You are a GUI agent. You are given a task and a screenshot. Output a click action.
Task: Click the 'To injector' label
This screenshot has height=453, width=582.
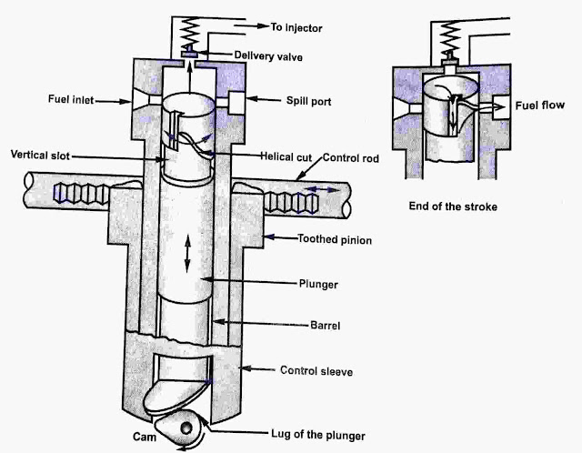(x=296, y=28)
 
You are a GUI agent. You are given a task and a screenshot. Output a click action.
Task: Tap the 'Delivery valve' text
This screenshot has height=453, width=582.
(x=268, y=56)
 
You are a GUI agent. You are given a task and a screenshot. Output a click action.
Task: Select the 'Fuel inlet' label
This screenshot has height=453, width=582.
(x=71, y=99)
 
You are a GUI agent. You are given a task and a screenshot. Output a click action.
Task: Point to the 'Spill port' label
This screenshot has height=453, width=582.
(x=309, y=101)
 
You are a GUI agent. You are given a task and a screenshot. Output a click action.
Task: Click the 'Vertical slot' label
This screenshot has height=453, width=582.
(x=40, y=155)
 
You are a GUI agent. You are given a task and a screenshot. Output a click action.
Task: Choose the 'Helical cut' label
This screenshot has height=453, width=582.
(x=286, y=156)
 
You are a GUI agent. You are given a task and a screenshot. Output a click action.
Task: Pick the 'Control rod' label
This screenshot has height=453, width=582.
(x=351, y=158)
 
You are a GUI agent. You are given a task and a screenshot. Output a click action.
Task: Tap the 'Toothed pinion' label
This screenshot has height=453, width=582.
(x=335, y=239)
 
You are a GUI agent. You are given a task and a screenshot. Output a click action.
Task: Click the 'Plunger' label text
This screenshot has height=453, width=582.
(x=318, y=285)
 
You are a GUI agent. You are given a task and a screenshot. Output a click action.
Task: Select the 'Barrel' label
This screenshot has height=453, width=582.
(x=326, y=326)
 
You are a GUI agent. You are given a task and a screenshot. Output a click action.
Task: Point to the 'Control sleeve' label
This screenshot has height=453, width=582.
(x=316, y=371)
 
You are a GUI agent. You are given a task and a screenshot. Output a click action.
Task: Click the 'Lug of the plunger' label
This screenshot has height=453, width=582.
(x=318, y=435)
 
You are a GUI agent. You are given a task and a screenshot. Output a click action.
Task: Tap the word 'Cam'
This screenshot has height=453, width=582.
(x=145, y=437)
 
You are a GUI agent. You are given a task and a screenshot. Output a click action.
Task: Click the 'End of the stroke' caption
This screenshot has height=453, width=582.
(x=453, y=206)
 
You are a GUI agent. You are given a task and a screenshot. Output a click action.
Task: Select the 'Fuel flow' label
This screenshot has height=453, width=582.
(x=539, y=106)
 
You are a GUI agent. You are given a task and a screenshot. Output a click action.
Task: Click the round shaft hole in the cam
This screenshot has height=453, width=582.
(x=186, y=428)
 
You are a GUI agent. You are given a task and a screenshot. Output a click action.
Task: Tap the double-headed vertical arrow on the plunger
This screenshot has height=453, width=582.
(x=187, y=254)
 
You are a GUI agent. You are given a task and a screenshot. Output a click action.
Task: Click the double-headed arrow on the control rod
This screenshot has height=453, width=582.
(x=323, y=190)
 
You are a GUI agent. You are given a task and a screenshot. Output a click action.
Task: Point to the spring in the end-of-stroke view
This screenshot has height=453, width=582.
(x=449, y=35)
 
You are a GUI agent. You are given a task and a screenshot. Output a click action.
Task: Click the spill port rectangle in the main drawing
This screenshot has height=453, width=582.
(x=236, y=103)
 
